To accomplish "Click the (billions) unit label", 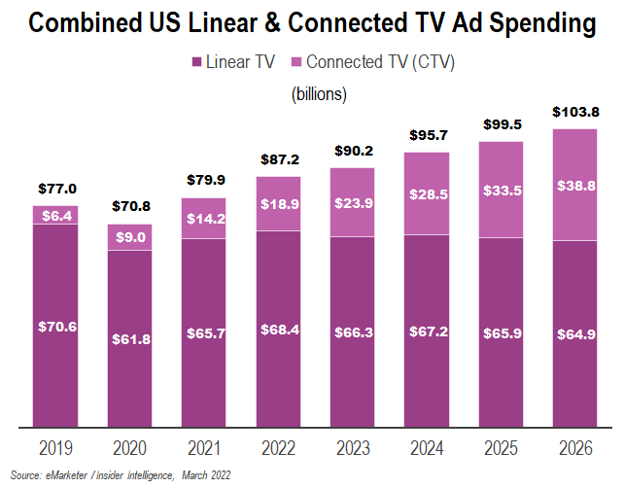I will [x=319, y=94].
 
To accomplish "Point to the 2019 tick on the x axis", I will [x=55, y=449].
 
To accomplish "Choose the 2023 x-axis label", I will [x=353, y=449].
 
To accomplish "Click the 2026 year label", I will [x=575, y=449].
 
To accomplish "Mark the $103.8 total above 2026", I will [x=575, y=112].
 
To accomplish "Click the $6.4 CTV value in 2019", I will [x=55, y=215].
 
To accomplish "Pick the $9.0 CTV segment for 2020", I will [x=130, y=237].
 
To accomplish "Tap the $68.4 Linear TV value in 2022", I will [x=279, y=329].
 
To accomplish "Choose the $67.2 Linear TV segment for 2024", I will [x=427, y=331].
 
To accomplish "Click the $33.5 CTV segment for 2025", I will [x=502, y=190].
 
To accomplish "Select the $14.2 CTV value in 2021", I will [x=204, y=219].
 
